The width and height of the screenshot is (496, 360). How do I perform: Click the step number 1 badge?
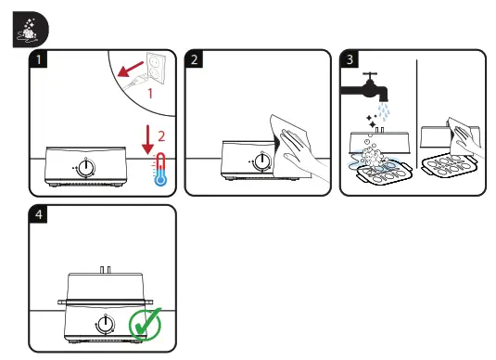(x=38, y=58)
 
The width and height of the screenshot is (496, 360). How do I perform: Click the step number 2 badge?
(x=194, y=58)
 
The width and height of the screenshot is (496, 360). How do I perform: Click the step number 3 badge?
(x=350, y=58)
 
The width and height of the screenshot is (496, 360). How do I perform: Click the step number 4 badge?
(x=38, y=214)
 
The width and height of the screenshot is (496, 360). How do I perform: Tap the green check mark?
(x=146, y=324)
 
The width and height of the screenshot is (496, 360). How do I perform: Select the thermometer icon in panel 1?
(x=160, y=170)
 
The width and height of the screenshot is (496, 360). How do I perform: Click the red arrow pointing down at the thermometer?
(x=147, y=139)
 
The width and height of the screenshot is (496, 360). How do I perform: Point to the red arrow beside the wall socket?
(x=131, y=70)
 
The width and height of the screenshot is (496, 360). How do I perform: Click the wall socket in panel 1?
(x=156, y=68)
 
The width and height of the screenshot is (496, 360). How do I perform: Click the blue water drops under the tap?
(x=384, y=111)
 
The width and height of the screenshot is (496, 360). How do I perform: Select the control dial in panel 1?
(x=85, y=167)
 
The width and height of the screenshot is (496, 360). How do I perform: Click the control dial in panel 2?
(x=262, y=161)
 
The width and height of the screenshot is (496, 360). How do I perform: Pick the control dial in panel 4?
(x=105, y=324)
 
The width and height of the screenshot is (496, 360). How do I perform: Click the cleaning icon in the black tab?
(x=29, y=30)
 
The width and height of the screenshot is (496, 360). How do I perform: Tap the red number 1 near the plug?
(x=150, y=94)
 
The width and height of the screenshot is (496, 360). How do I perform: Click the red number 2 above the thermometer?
(x=161, y=136)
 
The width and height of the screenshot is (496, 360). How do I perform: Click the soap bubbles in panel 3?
(x=372, y=156)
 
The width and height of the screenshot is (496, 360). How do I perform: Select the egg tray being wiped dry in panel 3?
(x=449, y=165)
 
